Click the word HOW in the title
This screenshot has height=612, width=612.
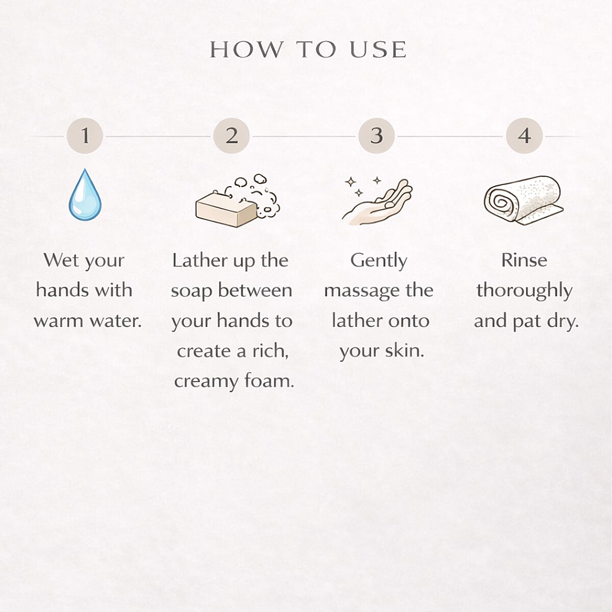pyautogui.click(x=246, y=49)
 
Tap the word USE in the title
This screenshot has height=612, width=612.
pyautogui.click(x=378, y=49)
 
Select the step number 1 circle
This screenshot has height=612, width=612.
pyautogui.click(x=85, y=136)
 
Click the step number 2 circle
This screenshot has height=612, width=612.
pyautogui.click(x=232, y=136)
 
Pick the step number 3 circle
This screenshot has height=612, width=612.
pyautogui.click(x=377, y=136)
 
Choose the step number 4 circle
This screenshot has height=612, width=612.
pyautogui.click(x=524, y=136)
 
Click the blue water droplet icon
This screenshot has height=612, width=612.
pyautogui.click(x=85, y=195)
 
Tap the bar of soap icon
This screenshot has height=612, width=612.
pyautogui.click(x=226, y=210)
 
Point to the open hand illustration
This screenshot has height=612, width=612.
pyautogui.click(x=378, y=203)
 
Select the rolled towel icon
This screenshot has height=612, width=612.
pyautogui.click(x=523, y=200)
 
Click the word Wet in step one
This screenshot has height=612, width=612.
pyautogui.click(x=60, y=261)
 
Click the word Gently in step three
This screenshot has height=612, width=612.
pyautogui.click(x=378, y=262)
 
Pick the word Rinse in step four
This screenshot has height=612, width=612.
pyautogui.click(x=524, y=261)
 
